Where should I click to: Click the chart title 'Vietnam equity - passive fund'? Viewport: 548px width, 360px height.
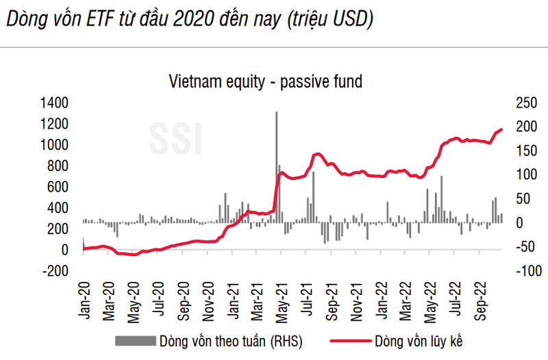coord(265,82)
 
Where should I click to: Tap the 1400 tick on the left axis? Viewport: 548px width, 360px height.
coord(55,103)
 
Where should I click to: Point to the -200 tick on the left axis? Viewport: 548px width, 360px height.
coord(55,271)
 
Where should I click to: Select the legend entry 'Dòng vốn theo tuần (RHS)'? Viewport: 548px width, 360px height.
coord(230,340)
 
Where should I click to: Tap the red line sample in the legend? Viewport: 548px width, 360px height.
coord(350,340)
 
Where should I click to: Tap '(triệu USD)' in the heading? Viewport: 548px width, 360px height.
coord(329,20)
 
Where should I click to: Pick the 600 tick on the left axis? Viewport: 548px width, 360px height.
coord(55,187)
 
